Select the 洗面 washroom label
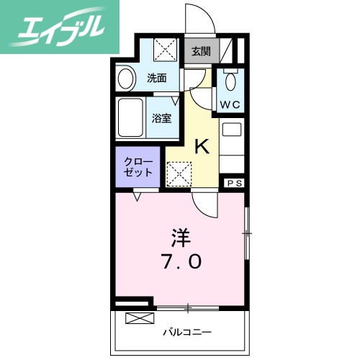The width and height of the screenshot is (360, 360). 157,78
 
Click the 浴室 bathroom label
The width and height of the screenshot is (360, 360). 161,118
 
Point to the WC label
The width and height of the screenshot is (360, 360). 230,104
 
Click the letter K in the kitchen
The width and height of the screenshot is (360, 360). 203,147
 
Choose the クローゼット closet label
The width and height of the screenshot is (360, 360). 138,167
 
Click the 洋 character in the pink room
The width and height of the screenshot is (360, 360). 180,235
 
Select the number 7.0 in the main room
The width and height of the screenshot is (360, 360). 180,262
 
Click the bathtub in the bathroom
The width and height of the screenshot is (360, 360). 132,119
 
